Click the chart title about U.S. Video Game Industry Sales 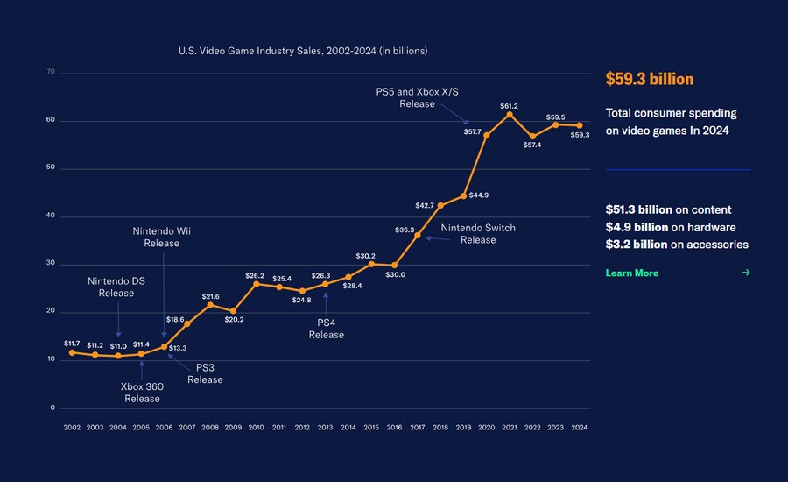[303, 52]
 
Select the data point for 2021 [510, 115]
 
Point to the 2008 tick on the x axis [210, 428]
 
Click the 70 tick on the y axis [51, 72]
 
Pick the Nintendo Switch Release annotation [478, 234]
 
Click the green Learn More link [631, 273]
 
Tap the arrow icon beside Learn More [746, 273]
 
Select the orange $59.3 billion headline [649, 80]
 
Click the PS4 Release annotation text [326, 329]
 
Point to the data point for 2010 [257, 284]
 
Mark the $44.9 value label [479, 195]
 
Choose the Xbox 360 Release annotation [142, 392]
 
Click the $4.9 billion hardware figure [637, 227]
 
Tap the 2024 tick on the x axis [578, 428]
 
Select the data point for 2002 [72, 352]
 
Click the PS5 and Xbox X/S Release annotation [417, 97]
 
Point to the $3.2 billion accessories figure [637, 245]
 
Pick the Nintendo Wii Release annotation [161, 237]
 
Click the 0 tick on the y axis [53, 408]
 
